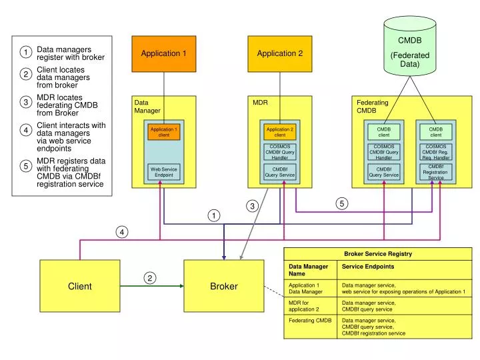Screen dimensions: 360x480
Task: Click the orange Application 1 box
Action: click(164, 53)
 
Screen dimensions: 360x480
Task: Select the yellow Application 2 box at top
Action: click(280, 53)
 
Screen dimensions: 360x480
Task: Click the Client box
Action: click(80, 286)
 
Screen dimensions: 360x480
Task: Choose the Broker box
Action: click(224, 286)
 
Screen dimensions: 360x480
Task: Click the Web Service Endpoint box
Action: click(164, 172)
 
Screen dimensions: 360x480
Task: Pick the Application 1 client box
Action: click(164, 132)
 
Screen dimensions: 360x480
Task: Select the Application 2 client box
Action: click(280, 132)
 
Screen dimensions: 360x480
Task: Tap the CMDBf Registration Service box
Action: click(435, 172)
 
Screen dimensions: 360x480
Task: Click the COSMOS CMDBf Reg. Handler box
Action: click(435, 152)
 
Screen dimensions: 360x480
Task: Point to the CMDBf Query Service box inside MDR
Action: click(280, 172)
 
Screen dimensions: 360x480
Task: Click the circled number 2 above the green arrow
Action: click(151, 277)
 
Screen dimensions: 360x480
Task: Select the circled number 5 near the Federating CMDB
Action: click(342, 204)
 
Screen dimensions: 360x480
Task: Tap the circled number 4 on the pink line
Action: click(121, 232)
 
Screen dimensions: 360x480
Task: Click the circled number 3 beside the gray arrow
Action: click(253, 207)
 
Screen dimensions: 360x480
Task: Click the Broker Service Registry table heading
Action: click(378, 253)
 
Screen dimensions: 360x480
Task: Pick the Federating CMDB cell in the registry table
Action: click(310, 321)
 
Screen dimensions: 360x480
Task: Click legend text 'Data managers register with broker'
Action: click(70, 53)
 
